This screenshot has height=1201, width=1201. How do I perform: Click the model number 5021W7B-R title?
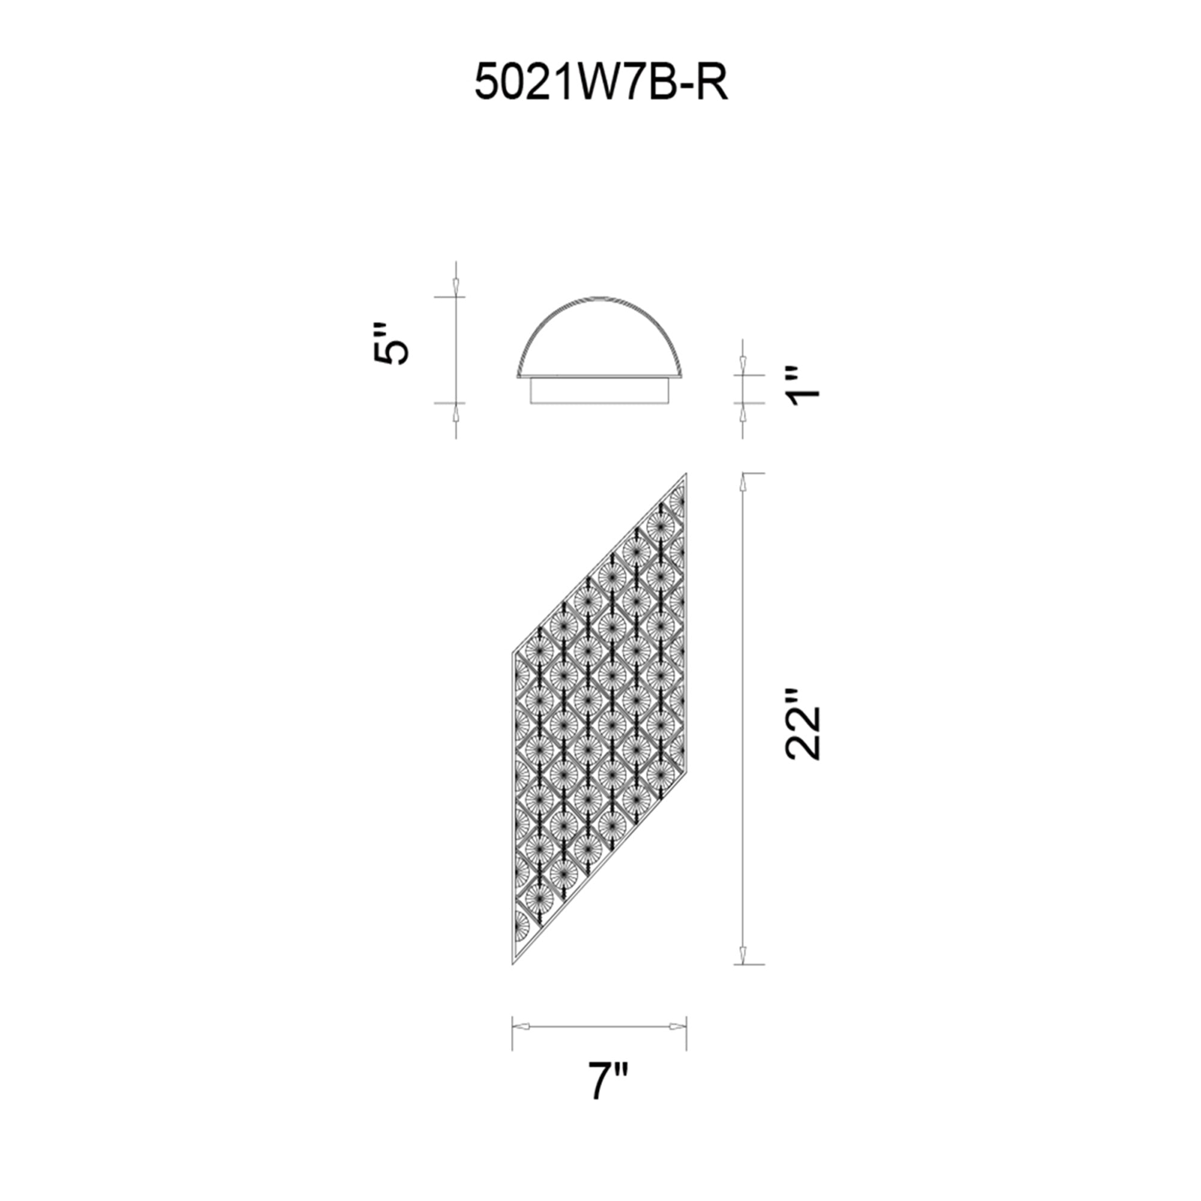(x=600, y=83)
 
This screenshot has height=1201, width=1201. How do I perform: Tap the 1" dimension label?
(x=805, y=386)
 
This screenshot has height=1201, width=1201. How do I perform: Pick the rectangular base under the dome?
(x=600, y=391)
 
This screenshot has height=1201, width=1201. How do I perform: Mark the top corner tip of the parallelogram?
(x=686, y=473)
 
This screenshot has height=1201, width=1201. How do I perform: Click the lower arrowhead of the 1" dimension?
(x=742, y=413)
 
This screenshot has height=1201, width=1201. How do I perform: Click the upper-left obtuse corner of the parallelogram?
(x=512, y=653)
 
